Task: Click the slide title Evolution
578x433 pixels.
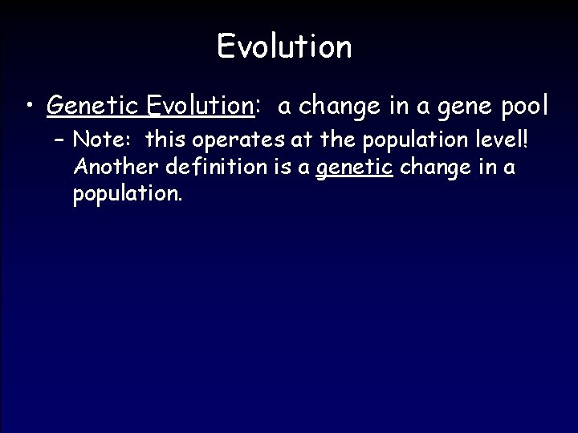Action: (284, 47)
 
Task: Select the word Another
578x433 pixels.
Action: (112, 168)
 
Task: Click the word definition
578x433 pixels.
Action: (206, 168)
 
